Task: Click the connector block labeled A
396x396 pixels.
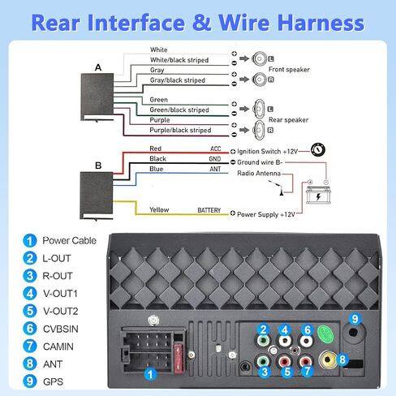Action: [97, 97]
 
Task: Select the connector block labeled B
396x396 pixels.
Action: [97, 195]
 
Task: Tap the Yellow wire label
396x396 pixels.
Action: [159, 209]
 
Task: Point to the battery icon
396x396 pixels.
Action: [318, 192]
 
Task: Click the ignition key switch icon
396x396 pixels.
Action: [318, 150]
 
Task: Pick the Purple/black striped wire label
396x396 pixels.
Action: [180, 130]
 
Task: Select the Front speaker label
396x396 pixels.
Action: [289, 70]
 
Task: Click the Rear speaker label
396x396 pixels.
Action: [288, 120]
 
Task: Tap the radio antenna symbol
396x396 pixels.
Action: [277, 187]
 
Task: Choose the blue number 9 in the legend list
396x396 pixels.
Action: [30, 381]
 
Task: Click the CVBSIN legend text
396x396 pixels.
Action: [61, 329]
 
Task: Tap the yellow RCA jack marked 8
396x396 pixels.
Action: [328, 359]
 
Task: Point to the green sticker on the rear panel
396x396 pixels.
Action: [325, 334]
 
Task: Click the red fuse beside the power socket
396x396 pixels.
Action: [179, 359]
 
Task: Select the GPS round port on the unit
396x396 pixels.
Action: [353, 332]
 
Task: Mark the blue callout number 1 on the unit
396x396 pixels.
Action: [150, 374]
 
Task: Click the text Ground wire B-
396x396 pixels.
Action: [260, 162]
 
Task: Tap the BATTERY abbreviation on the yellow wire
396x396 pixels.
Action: [209, 210]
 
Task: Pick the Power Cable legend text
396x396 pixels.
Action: [69, 240]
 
